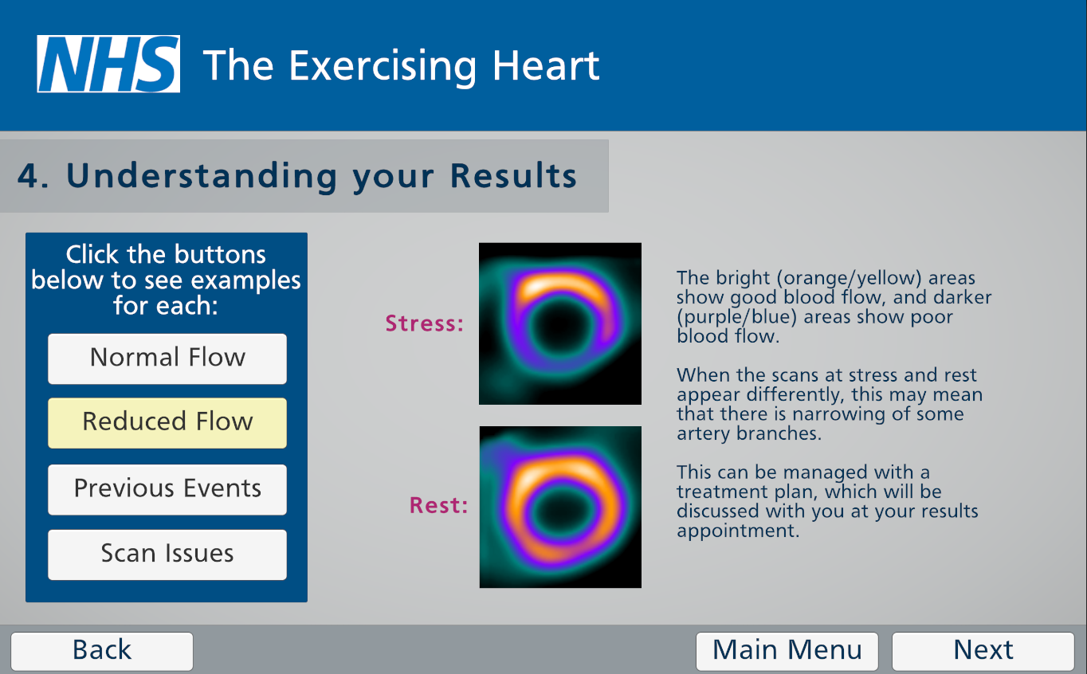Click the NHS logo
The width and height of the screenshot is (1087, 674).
point(108,64)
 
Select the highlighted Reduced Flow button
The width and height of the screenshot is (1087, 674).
point(167,423)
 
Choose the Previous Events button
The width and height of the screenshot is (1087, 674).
point(167,489)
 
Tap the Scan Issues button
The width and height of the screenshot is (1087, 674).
point(167,554)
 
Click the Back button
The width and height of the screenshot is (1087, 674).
point(102,651)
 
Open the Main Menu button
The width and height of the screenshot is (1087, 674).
point(787,651)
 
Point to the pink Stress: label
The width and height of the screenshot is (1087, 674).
point(425,323)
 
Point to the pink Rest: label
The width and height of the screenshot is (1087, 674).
point(438,505)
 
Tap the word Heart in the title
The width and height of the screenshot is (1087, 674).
point(546,65)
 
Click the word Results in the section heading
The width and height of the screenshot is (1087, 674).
point(513,175)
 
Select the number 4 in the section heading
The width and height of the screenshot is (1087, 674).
point(27,175)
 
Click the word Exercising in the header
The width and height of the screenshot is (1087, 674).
point(383,68)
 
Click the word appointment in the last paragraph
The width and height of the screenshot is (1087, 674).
point(738,531)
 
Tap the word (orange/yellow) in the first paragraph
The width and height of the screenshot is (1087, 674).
point(850,279)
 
